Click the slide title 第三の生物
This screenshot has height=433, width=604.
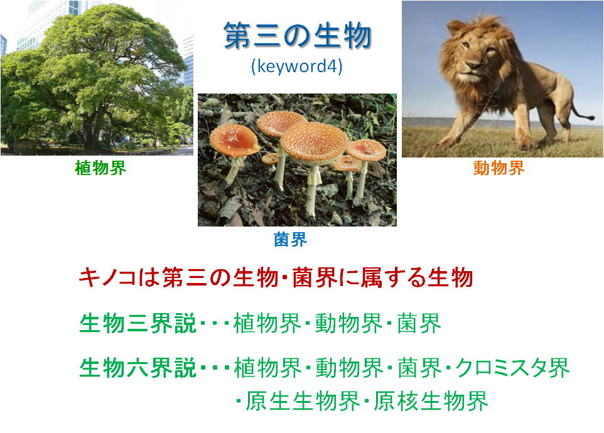click(x=298, y=36)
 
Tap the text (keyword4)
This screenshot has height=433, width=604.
click(x=296, y=66)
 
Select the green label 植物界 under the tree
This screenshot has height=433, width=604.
click(x=100, y=168)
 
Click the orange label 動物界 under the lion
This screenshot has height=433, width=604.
click(x=499, y=168)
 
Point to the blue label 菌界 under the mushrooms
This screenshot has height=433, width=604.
click(x=291, y=240)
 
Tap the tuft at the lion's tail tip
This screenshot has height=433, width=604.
click(x=590, y=117)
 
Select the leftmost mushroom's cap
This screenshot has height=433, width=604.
click(x=235, y=140)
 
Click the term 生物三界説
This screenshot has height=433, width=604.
click(x=138, y=323)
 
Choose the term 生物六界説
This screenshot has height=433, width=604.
click(x=138, y=368)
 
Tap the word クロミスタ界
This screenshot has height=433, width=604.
click(x=512, y=368)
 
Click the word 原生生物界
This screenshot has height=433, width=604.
click(x=303, y=400)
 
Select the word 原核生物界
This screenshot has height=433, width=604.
click(x=431, y=400)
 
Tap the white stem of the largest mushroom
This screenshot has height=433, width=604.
click(x=313, y=189)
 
